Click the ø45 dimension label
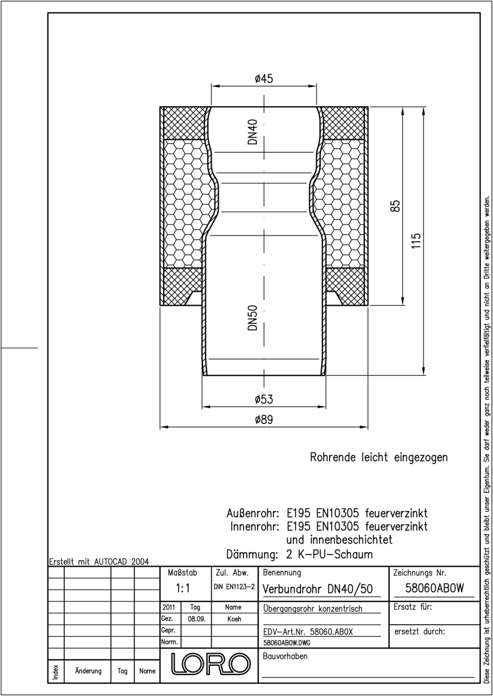click(x=264, y=79)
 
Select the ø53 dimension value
click(x=264, y=399)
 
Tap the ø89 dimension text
click(x=264, y=419)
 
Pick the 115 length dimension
click(x=416, y=241)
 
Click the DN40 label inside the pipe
click(x=253, y=132)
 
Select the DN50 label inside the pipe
click(x=253, y=318)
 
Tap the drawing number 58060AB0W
click(x=434, y=588)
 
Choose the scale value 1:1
click(x=183, y=588)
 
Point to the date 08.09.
click(x=197, y=619)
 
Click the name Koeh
click(x=234, y=619)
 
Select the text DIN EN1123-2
click(x=234, y=586)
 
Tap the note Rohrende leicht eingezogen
click(x=379, y=458)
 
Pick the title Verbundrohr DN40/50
click(x=317, y=589)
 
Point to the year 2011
click(x=169, y=607)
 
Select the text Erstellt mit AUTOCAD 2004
click(x=99, y=561)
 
